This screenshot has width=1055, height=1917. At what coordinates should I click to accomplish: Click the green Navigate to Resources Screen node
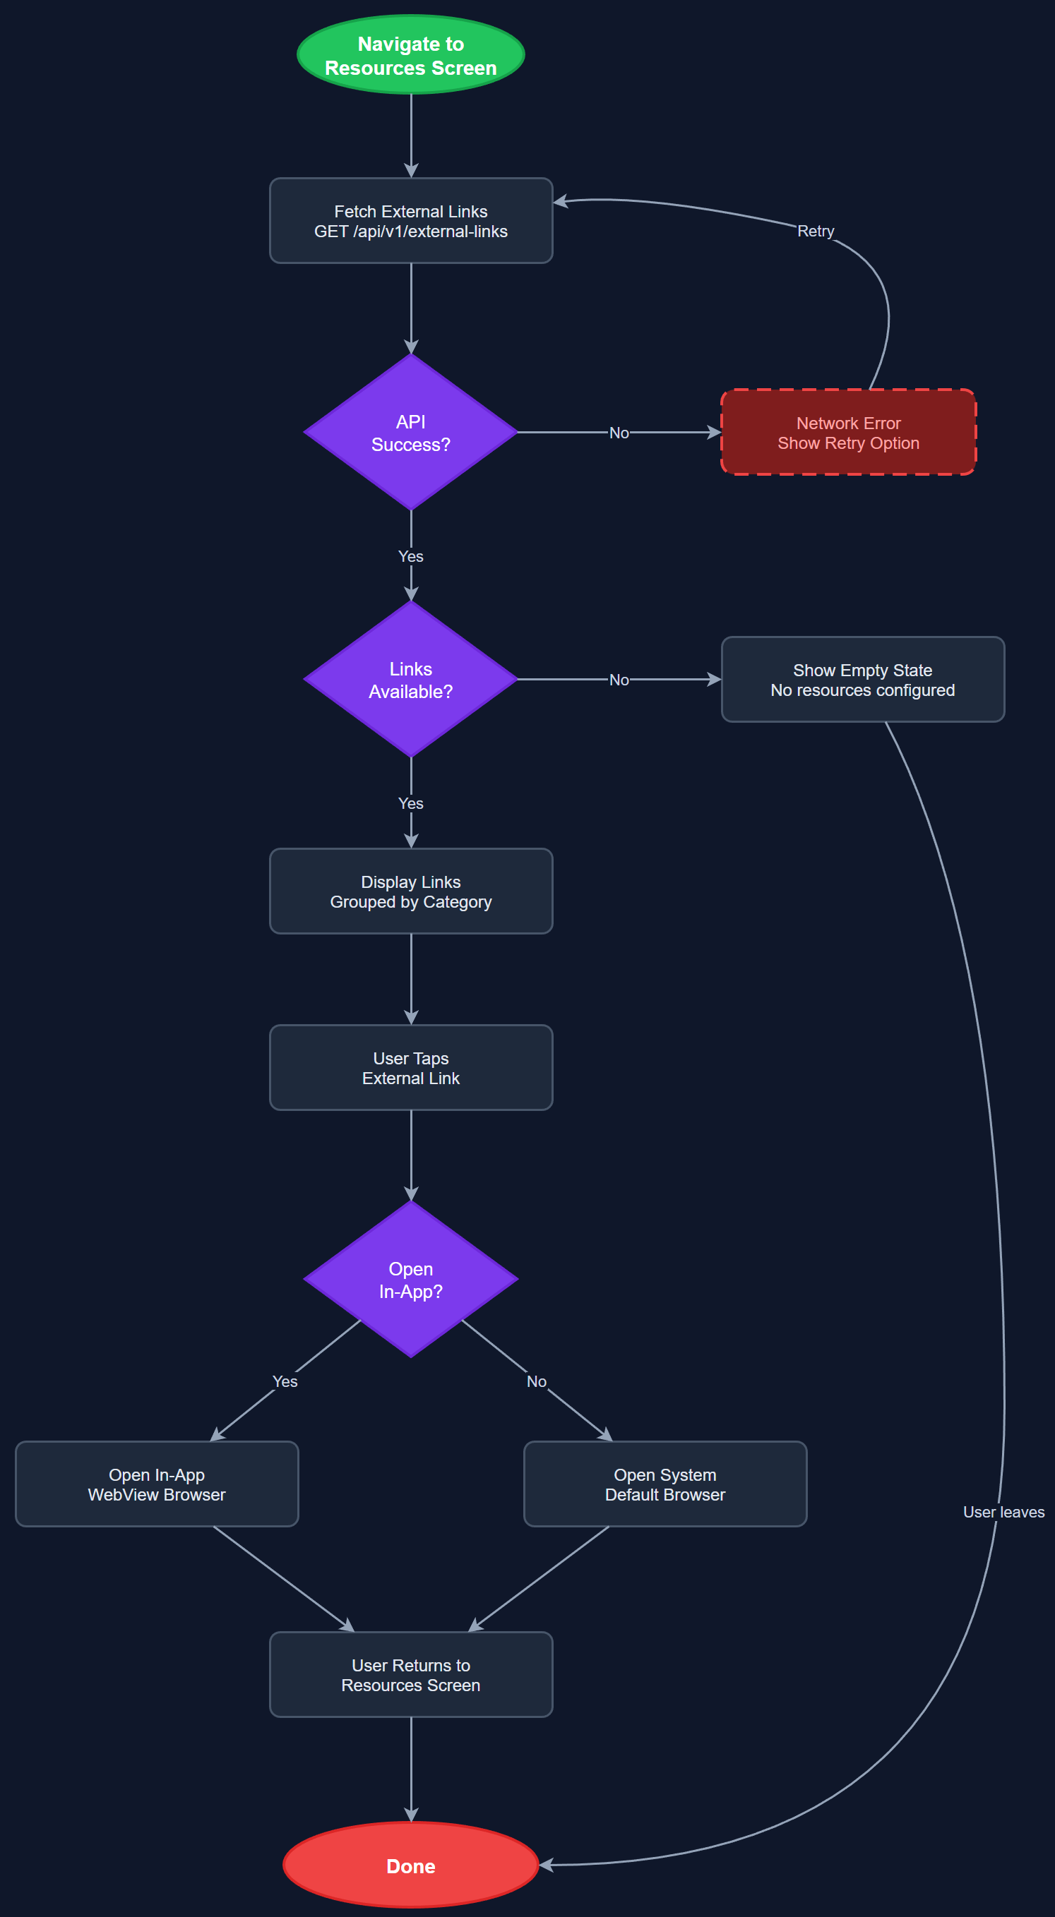click(x=411, y=55)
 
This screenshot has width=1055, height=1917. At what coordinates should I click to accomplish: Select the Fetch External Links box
click(x=411, y=221)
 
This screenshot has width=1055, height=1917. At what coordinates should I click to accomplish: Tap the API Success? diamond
click(x=411, y=433)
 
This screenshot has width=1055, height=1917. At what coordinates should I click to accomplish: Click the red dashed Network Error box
click(x=848, y=433)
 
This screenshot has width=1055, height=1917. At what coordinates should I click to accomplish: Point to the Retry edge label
click(x=816, y=232)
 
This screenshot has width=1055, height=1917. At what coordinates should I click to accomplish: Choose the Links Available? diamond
click(x=411, y=680)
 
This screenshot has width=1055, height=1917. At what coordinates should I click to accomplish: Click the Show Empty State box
click(x=862, y=680)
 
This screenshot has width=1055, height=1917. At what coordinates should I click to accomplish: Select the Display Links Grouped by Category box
click(x=411, y=891)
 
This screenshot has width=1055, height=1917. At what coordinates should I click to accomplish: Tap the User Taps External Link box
click(x=411, y=1067)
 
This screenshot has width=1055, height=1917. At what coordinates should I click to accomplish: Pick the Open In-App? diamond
click(x=411, y=1279)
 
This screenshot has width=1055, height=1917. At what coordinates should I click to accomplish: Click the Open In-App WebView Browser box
click(x=156, y=1484)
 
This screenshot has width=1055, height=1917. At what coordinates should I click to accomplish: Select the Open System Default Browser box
click(x=665, y=1484)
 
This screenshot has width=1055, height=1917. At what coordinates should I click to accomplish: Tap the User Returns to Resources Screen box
click(x=411, y=1674)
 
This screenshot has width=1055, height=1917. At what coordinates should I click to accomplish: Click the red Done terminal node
click(x=411, y=1865)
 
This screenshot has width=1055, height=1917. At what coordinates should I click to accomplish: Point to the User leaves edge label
click(x=1003, y=1512)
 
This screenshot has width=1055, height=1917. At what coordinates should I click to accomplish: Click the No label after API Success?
click(x=619, y=433)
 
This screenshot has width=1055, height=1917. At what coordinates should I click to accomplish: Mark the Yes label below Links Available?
click(x=411, y=804)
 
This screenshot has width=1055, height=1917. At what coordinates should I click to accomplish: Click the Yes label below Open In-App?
click(x=285, y=1381)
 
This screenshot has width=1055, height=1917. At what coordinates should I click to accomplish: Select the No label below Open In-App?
click(x=536, y=1381)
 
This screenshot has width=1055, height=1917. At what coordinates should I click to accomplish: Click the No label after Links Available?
click(x=619, y=680)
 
